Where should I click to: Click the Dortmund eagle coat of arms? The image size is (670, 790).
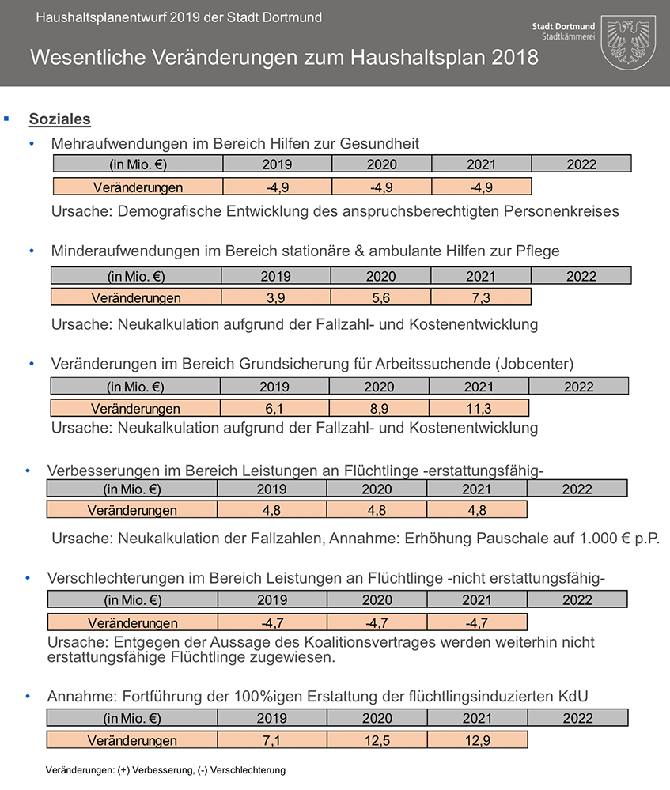pyautogui.click(x=630, y=42)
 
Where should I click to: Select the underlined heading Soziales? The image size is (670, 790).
pyautogui.click(x=60, y=119)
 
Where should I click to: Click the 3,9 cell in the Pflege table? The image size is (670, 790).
pyautogui.click(x=276, y=298)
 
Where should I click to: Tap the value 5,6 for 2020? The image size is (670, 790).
pyautogui.click(x=380, y=298)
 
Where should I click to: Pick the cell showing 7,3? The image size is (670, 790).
pyautogui.click(x=481, y=298)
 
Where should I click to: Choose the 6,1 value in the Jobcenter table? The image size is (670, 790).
pyautogui.click(x=274, y=409)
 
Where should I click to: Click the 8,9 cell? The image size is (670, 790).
pyautogui.click(x=378, y=409)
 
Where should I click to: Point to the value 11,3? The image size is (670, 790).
pyautogui.click(x=479, y=409)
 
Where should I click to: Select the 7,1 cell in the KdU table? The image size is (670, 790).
pyautogui.click(x=272, y=741)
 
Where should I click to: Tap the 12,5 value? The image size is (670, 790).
pyautogui.click(x=377, y=741)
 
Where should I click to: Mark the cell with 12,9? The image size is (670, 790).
pyautogui.click(x=477, y=741)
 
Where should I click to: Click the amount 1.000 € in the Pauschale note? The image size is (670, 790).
pyautogui.click(x=610, y=539)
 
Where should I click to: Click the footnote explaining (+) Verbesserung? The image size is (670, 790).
pyautogui.click(x=165, y=769)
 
